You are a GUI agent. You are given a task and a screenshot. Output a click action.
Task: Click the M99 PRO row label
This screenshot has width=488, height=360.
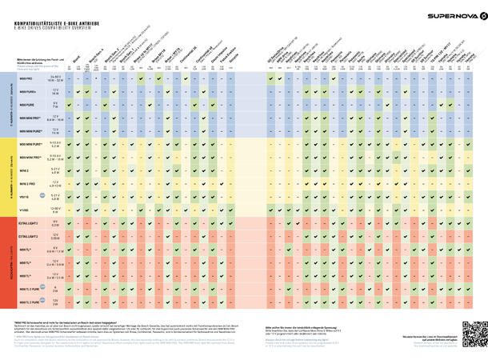click(26, 80)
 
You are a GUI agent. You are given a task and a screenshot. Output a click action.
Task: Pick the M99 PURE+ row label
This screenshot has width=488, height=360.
click(27, 92)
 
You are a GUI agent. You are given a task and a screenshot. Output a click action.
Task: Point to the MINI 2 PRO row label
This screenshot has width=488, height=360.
click(28, 183)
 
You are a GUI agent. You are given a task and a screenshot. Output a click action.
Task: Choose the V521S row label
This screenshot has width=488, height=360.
click(25, 195)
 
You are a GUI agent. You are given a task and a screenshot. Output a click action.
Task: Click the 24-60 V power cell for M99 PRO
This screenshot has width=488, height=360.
click(55, 80)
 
